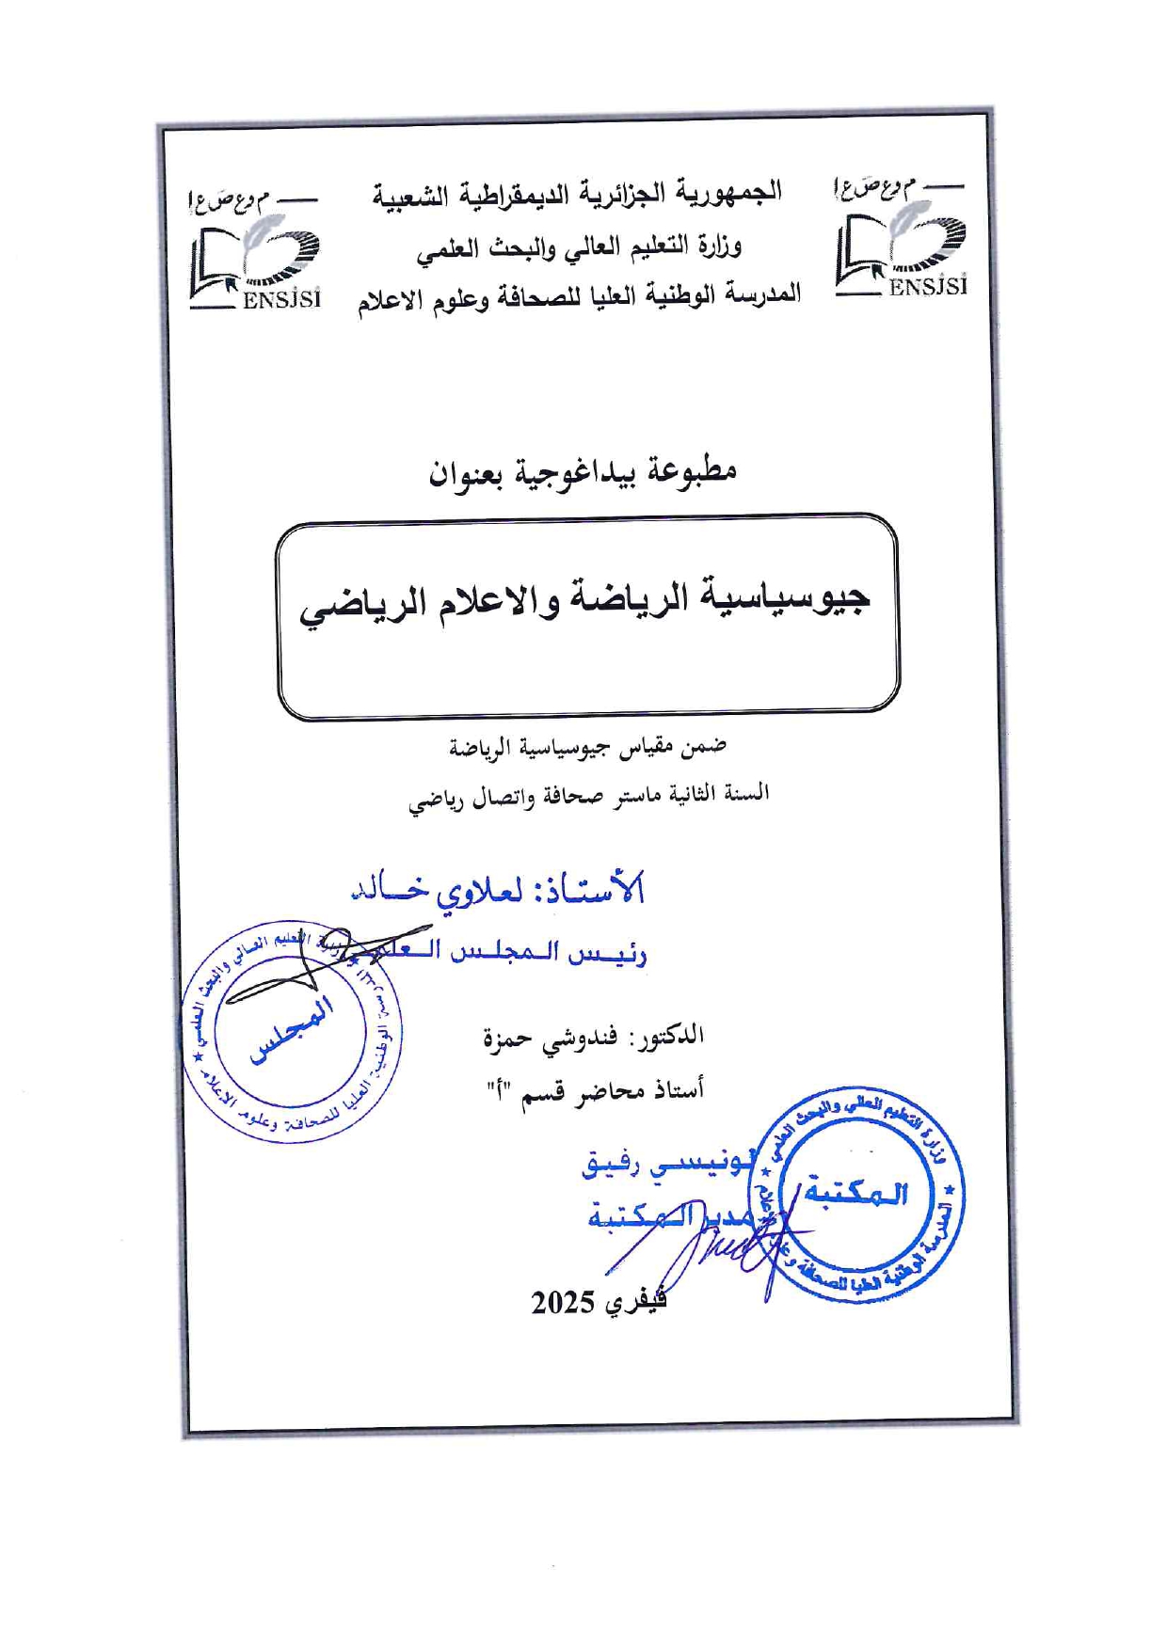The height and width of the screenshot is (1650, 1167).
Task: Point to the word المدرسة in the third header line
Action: coord(759,294)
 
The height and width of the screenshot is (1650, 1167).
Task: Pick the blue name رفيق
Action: coord(612,1165)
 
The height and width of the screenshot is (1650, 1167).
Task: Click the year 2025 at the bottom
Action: coord(562,1304)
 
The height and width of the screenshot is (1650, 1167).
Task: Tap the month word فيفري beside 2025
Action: coord(635,1302)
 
